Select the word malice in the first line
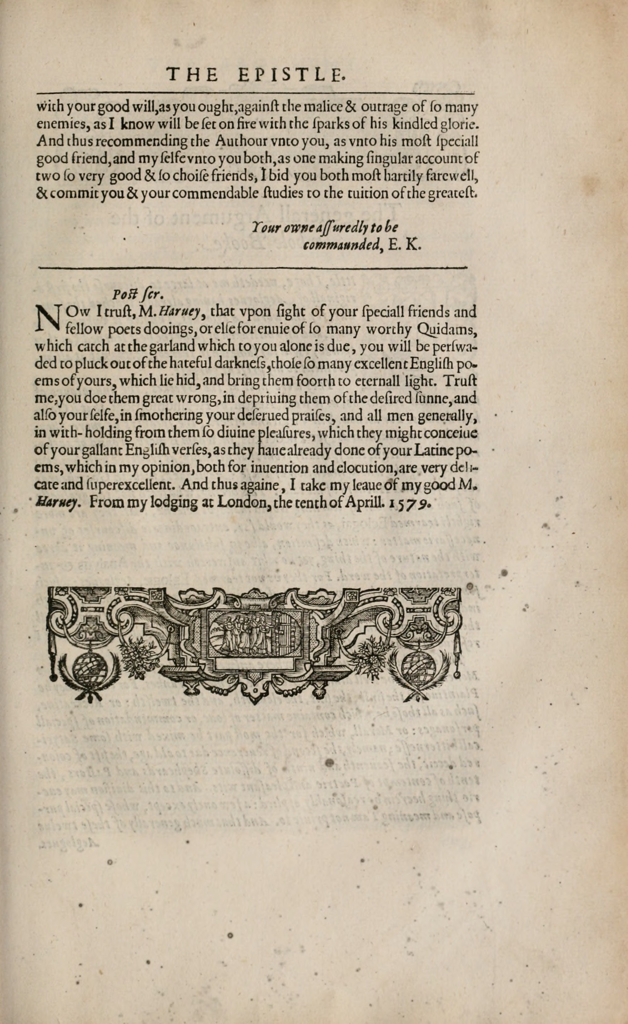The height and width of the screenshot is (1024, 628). pyautogui.click(x=319, y=107)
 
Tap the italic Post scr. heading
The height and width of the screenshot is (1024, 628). pyautogui.click(x=138, y=295)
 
